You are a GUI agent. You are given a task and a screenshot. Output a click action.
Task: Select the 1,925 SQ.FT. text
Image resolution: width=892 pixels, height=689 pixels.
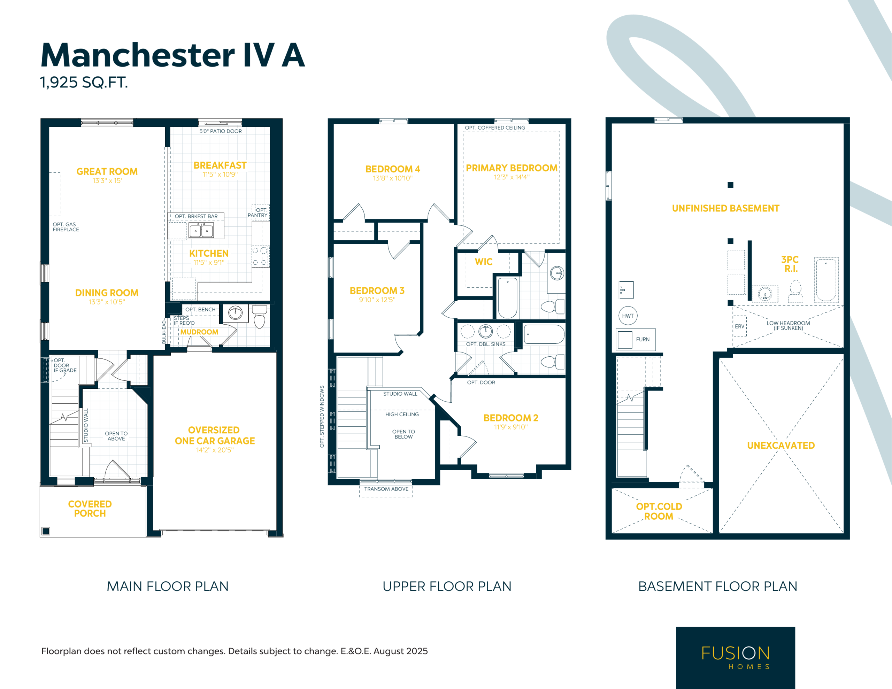click(84, 82)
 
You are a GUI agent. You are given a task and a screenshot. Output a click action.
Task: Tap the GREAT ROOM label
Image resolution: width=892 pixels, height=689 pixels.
click(107, 171)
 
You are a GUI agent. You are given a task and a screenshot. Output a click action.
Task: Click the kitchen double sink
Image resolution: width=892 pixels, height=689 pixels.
click(201, 230)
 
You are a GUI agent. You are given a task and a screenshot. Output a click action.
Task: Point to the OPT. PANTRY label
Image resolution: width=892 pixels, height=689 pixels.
click(258, 212)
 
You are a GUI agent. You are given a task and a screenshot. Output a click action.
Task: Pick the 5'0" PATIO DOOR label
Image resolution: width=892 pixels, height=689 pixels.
click(221, 131)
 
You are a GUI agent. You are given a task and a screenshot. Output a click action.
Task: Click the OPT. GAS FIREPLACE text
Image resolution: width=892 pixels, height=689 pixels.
click(66, 227)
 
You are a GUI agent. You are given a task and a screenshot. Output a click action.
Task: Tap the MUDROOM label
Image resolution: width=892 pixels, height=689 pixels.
click(199, 332)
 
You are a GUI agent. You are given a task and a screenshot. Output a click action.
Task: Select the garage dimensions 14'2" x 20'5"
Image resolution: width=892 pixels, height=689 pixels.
click(215, 450)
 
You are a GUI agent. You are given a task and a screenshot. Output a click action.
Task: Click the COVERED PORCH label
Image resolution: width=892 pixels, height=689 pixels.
click(90, 509)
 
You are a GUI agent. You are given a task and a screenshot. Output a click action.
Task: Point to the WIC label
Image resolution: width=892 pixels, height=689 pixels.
click(484, 262)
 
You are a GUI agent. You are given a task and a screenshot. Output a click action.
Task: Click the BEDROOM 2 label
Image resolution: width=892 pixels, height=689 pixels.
click(511, 418)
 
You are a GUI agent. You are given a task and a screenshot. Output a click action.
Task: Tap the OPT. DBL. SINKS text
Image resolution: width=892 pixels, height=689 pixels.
click(486, 344)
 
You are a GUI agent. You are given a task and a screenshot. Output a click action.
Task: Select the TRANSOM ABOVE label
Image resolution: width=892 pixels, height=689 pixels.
click(386, 489)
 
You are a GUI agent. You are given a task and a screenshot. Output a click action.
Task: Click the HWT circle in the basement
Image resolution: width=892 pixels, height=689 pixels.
click(628, 316)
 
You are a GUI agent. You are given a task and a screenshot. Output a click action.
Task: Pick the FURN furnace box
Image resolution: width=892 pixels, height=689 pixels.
click(636, 339)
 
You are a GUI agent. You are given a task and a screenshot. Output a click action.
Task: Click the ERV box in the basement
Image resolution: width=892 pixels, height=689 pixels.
click(740, 326)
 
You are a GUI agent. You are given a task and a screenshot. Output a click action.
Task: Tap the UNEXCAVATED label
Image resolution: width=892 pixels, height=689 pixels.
click(781, 446)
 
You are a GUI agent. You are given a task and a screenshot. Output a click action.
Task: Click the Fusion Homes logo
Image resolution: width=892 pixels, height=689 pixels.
click(736, 658)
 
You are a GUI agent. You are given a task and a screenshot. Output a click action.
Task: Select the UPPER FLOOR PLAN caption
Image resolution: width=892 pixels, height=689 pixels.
click(447, 587)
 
